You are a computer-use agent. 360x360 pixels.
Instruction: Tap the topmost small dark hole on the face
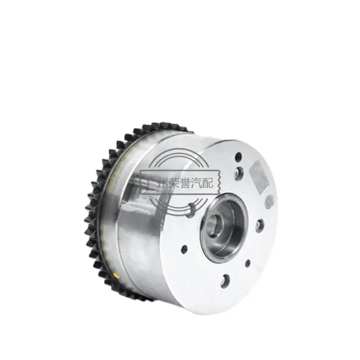pyautogui.click(x=238, y=157)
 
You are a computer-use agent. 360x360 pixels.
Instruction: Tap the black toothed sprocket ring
pyautogui.click(x=101, y=216)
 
